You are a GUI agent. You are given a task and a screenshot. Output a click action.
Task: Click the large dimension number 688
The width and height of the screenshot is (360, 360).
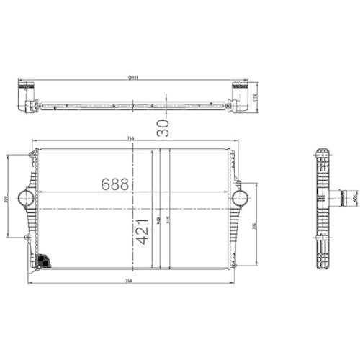[x=114, y=184]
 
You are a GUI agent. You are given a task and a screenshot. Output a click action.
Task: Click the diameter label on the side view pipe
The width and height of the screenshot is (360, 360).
[x=354, y=196]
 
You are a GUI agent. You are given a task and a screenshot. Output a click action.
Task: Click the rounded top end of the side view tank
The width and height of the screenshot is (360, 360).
[x=322, y=153]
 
